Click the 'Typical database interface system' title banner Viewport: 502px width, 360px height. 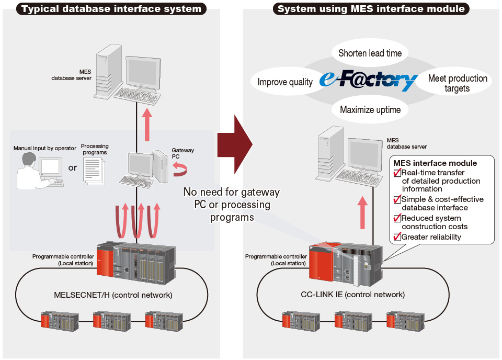(x=111, y=8)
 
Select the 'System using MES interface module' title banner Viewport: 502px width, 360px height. (x=371, y=8)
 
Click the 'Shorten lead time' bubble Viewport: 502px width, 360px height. (x=370, y=53)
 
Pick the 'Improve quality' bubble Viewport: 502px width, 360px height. (x=285, y=82)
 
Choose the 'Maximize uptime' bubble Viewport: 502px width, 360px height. (x=370, y=109)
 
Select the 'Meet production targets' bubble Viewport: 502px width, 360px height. (x=457, y=83)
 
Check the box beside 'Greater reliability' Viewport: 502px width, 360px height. (x=397, y=237)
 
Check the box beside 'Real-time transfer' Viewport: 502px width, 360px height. (x=397, y=173)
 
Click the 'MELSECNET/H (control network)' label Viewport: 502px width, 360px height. (x=113, y=295)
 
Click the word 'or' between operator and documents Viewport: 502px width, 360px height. (x=72, y=167)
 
